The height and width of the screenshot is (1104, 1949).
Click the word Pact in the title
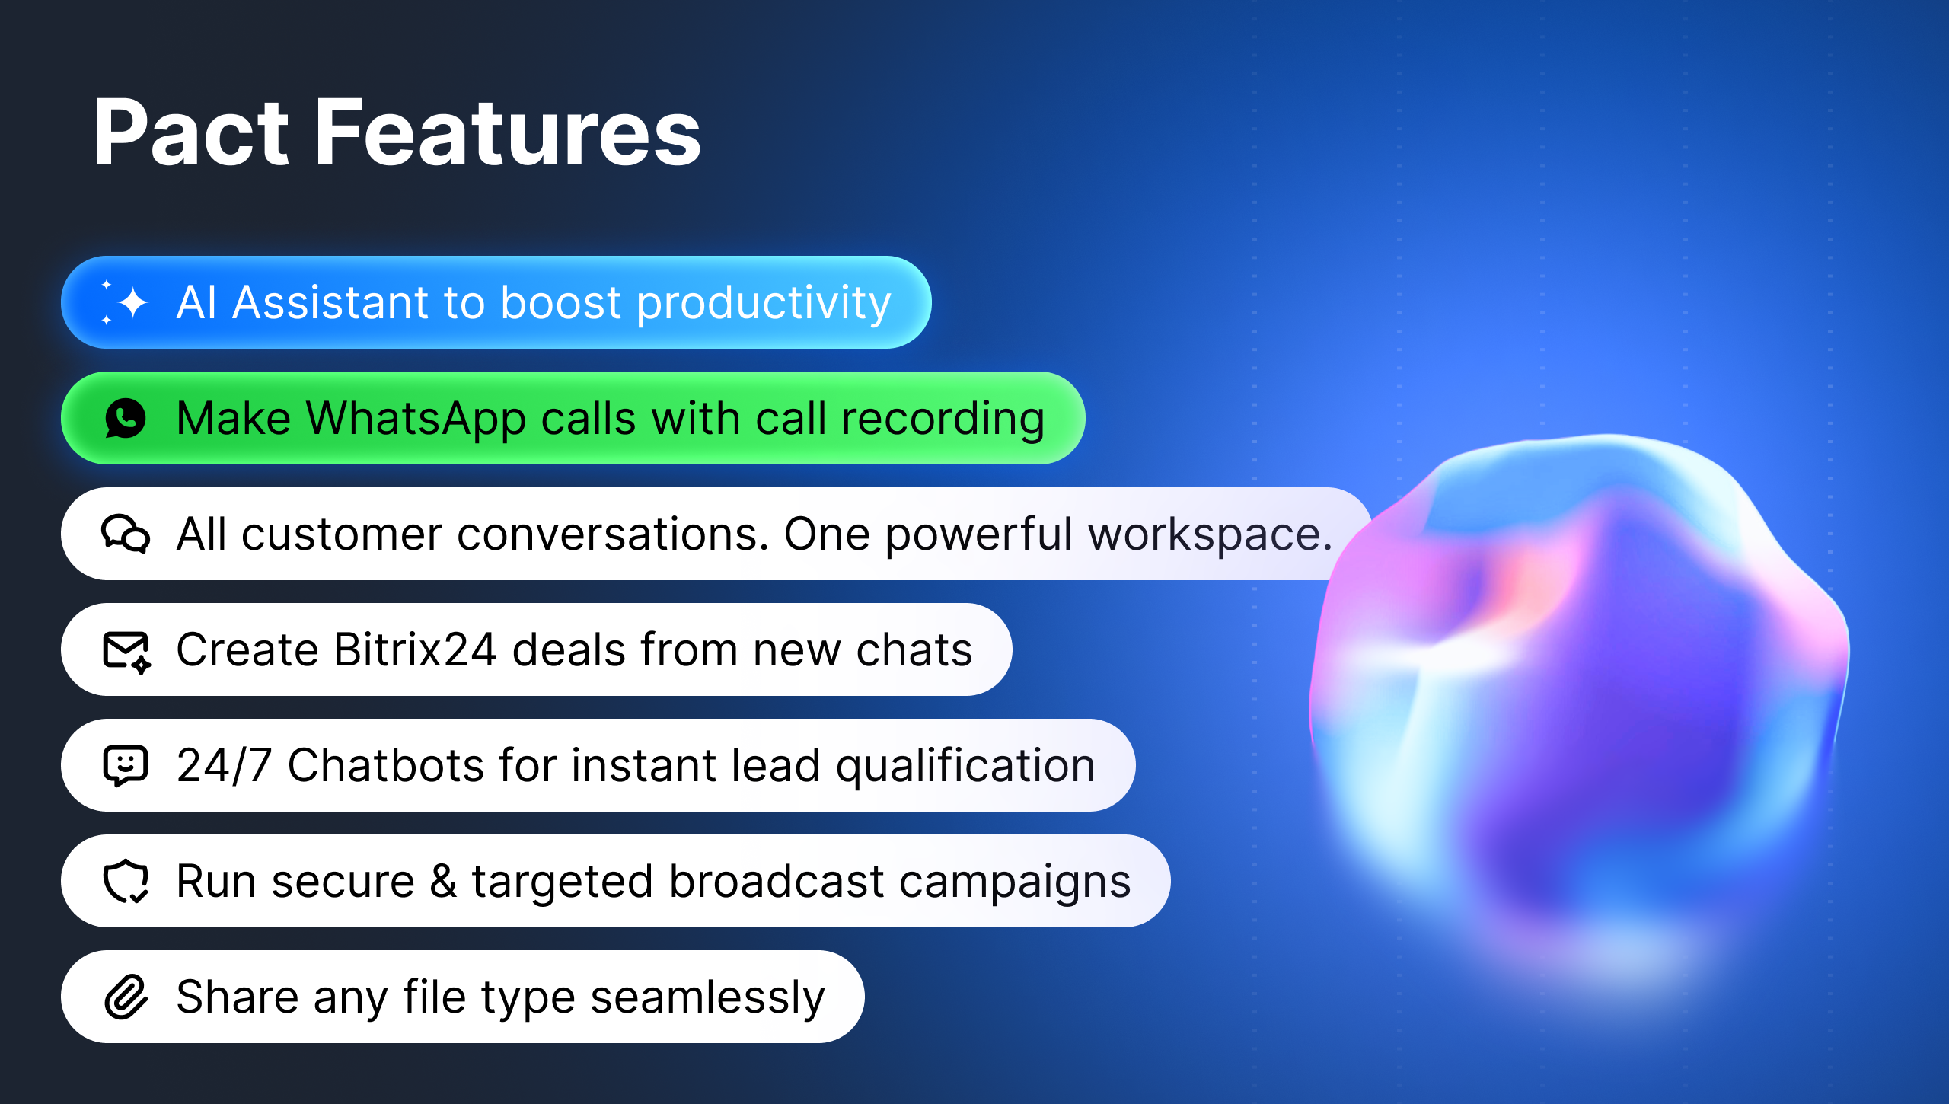pyautogui.click(x=191, y=132)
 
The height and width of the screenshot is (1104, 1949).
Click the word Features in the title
pyautogui.click(x=507, y=132)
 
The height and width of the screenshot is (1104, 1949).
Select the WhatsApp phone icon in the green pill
pyautogui.click(x=126, y=418)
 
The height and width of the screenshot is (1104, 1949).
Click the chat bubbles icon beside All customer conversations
pyautogui.click(x=126, y=534)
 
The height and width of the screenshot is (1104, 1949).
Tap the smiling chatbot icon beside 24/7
pyautogui.click(x=126, y=765)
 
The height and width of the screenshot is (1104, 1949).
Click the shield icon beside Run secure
pyautogui.click(x=126, y=882)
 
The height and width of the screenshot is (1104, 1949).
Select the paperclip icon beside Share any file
pyautogui.click(x=126, y=997)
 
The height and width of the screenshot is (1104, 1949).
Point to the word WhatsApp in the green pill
pyautogui.click(x=416, y=420)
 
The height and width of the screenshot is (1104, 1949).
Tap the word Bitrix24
pyautogui.click(x=415, y=649)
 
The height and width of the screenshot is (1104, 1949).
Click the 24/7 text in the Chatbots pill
pyautogui.click(x=224, y=765)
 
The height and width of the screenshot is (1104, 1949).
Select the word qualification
pyautogui.click(x=966, y=766)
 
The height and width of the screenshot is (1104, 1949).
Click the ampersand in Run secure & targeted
pyautogui.click(x=443, y=882)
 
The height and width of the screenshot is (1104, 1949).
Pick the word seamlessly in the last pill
pyautogui.click(x=707, y=997)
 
